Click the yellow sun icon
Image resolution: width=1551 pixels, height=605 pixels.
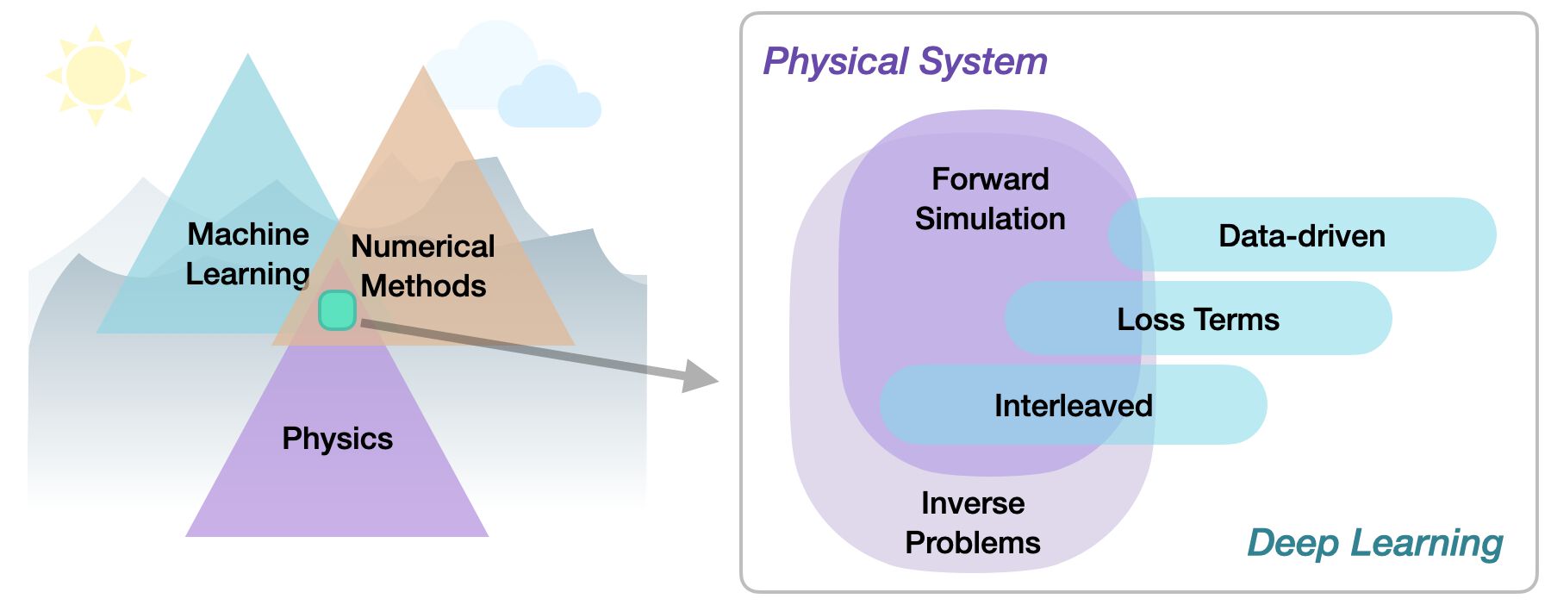pyautogui.click(x=96, y=75)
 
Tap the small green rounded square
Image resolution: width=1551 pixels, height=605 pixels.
pyautogui.click(x=337, y=310)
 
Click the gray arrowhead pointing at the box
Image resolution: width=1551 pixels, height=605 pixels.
pyautogui.click(x=701, y=377)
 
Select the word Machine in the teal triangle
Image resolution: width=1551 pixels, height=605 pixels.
pyautogui.click(x=248, y=234)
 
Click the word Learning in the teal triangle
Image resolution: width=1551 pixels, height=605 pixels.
pyautogui.click(x=247, y=273)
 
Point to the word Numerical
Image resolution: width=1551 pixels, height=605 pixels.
pyautogui.click(x=422, y=246)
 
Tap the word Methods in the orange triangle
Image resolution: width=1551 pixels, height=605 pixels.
pyautogui.click(x=423, y=285)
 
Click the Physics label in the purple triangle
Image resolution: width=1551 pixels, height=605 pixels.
pyautogui.click(x=337, y=438)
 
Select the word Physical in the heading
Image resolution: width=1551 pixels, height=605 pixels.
pyautogui.click(x=836, y=61)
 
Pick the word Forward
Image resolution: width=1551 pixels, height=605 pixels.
pyautogui.click(x=990, y=178)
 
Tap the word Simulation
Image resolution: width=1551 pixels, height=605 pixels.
pyautogui.click(x=990, y=218)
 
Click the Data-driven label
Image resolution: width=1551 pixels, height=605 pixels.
pyautogui.click(x=1301, y=235)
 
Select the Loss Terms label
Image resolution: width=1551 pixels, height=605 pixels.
pyautogui.click(x=1198, y=319)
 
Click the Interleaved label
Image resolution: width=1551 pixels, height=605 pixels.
pyautogui.click(x=1073, y=405)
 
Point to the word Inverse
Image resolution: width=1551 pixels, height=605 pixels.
pyautogui.click(x=973, y=502)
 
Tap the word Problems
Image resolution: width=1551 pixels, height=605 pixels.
pyautogui.click(x=973, y=542)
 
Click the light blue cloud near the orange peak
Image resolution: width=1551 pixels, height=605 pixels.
pyautogui.click(x=549, y=99)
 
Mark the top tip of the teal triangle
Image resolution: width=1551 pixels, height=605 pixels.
pyautogui.click(x=248, y=56)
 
